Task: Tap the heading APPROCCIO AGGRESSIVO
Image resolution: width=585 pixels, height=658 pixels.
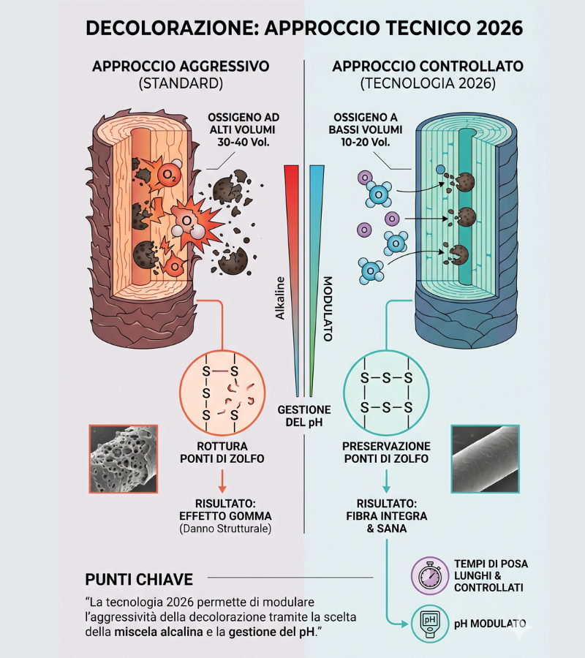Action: click(180, 66)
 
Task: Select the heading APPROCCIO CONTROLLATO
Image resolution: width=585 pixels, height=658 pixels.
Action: click(428, 66)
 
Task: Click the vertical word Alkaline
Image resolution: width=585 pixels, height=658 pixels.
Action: click(280, 307)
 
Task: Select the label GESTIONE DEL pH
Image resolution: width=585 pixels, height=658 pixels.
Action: click(303, 416)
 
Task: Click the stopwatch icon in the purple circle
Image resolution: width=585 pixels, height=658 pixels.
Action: click(430, 576)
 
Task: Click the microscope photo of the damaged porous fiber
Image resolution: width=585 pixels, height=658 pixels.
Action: click(123, 458)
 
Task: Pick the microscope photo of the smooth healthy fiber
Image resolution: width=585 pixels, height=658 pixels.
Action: click(486, 458)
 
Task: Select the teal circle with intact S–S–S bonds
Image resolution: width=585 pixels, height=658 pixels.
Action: click(386, 393)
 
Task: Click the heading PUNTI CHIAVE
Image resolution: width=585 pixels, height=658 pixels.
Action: click(139, 580)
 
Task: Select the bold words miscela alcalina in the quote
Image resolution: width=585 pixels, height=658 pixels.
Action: click(151, 631)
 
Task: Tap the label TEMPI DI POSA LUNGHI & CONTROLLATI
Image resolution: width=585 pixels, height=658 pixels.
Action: click(491, 575)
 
